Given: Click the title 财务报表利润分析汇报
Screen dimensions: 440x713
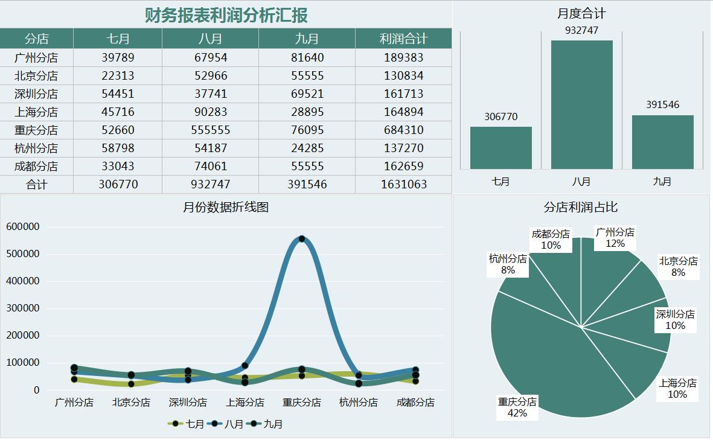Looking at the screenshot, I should point(226,15).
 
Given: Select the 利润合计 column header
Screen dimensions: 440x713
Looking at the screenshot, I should point(403,39).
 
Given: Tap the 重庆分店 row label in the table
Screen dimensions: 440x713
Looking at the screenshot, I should point(36,130).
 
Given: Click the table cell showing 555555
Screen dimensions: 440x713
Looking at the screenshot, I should point(210,130).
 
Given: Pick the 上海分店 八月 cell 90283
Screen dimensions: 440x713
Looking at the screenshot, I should point(210,112).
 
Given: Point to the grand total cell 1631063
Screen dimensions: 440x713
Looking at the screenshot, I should point(403,184).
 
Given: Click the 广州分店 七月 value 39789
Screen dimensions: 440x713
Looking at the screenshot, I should point(118,57).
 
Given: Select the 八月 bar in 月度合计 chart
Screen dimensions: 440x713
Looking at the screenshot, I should point(581,104).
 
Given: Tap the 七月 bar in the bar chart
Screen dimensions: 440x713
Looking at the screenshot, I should point(500,147).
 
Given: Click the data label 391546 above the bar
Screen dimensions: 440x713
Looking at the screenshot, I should point(662,104).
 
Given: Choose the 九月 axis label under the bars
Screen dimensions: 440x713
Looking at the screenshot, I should point(662,181).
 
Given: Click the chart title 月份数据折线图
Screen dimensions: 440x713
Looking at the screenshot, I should point(226,208).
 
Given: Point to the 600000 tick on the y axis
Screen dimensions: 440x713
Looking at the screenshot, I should point(23,227).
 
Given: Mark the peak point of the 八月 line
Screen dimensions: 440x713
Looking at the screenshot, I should point(302,239).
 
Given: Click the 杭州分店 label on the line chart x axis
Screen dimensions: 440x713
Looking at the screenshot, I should point(359,402).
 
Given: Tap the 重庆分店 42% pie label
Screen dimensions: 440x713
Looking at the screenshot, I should point(517,407).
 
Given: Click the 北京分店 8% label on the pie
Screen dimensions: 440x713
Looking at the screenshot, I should point(678,267).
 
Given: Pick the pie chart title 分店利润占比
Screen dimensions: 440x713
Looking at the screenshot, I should point(581,207).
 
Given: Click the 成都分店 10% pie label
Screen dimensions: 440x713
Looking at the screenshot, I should point(551,240).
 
